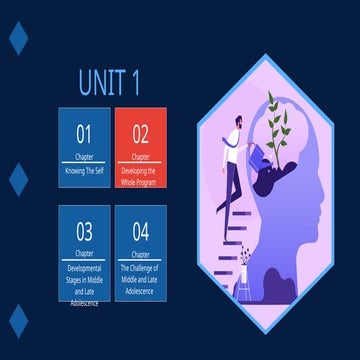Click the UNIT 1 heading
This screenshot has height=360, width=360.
coord(110,81)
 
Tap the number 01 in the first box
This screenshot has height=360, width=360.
coord(84,134)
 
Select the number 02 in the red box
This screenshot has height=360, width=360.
coord(140,134)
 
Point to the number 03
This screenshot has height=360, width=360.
coord(84,232)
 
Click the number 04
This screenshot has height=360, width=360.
coord(140,232)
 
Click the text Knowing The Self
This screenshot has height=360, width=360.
coord(84,171)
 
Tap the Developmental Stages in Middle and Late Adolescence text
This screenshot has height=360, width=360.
coord(84,280)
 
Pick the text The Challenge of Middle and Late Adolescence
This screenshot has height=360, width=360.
coord(140,275)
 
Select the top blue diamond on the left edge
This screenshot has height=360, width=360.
coord(18,39)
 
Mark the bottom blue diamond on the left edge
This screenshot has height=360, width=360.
coord(18,320)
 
